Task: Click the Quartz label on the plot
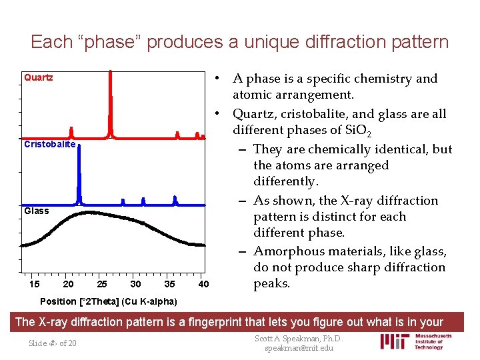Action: (39, 77)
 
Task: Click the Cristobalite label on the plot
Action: (51, 145)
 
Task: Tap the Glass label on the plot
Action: (37, 211)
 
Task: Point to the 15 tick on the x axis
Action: (35, 285)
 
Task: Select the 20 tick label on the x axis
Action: (68, 285)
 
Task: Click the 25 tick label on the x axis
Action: (102, 285)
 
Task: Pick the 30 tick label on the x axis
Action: (136, 285)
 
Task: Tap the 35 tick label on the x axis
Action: (170, 285)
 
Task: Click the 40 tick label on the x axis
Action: (204, 285)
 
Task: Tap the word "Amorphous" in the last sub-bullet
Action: (291, 251)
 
